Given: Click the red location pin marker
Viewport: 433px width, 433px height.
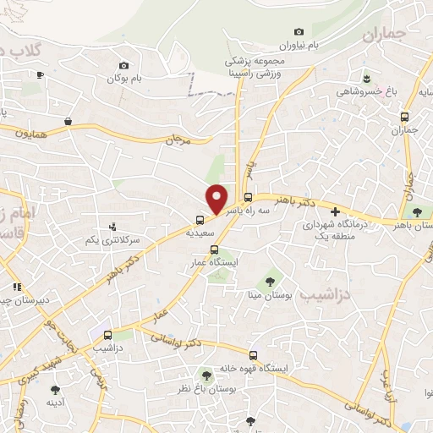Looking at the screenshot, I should [217, 199].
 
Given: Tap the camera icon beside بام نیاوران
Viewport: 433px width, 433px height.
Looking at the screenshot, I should [298, 32].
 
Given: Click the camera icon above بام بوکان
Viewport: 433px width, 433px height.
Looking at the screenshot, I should [123, 65].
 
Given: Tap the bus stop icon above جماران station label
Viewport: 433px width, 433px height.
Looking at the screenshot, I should [404, 117].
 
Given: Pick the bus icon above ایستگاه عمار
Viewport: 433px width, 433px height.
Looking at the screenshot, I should [214, 249].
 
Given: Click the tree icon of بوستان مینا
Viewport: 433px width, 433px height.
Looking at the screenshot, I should [270, 280].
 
